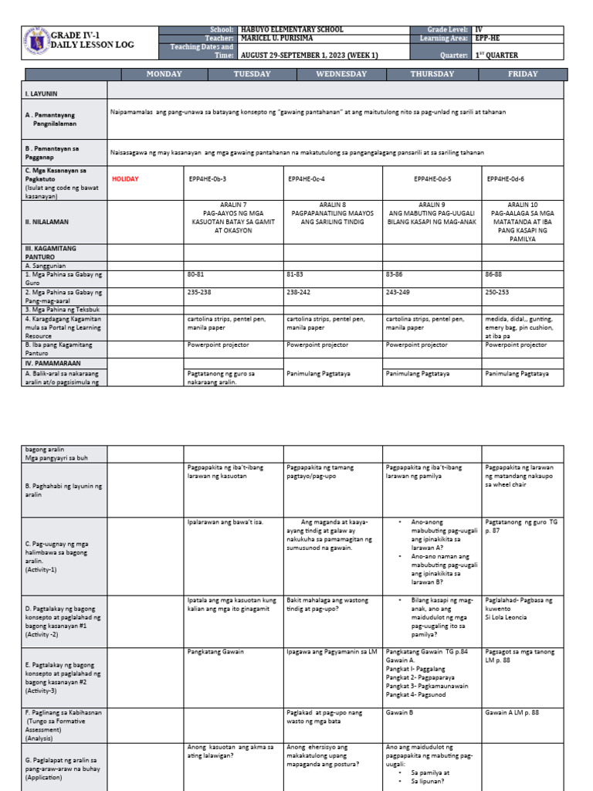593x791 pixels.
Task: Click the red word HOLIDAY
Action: pyautogui.click(x=125, y=178)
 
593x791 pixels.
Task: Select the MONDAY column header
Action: pyautogui.click(x=164, y=74)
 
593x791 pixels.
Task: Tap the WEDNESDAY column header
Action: pyautogui.click(x=341, y=74)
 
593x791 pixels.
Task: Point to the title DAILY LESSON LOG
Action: pyautogui.click(x=92, y=45)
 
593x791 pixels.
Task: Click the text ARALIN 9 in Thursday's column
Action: pyautogui.click(x=432, y=204)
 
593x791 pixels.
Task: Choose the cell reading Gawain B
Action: pyautogui.click(x=398, y=711)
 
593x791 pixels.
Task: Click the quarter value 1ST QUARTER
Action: pyautogui.click(x=500, y=56)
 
